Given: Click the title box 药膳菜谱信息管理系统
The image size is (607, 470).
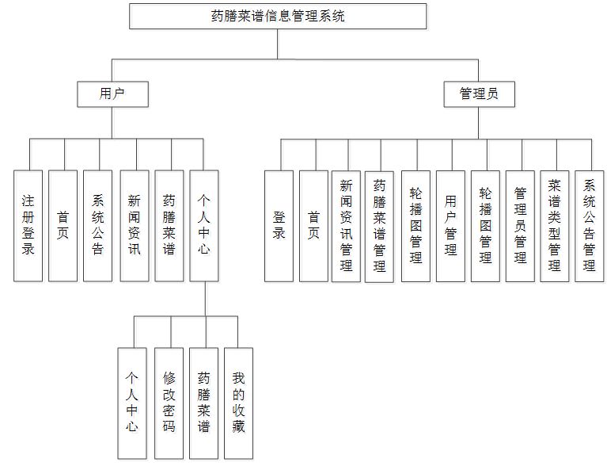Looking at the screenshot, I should [278, 17].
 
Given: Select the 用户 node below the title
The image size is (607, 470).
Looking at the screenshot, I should [112, 94].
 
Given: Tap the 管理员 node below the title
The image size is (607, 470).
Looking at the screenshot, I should [479, 94].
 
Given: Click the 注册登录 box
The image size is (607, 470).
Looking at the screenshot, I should [28, 226].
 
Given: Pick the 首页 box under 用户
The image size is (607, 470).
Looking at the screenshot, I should [63, 226].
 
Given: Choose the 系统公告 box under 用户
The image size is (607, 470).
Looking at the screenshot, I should [97, 226].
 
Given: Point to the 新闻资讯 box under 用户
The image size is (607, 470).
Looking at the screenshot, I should [134, 226].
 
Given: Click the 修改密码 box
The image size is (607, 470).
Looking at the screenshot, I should [169, 403].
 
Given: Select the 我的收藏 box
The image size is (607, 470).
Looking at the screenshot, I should [238, 403].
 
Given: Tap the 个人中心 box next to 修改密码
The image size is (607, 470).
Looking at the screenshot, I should [132, 403].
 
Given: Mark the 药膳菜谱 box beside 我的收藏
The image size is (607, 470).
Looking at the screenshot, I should [203, 403].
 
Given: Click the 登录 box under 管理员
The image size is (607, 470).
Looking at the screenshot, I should [279, 226].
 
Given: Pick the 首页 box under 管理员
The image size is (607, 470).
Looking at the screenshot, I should [313, 226].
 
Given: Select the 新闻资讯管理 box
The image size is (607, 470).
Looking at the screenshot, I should [346, 226].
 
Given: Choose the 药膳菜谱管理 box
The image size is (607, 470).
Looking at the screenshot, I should [379, 226].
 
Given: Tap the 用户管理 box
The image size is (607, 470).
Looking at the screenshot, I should [450, 226].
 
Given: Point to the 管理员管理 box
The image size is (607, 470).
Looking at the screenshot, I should [520, 226].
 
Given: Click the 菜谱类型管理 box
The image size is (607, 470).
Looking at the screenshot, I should [555, 226].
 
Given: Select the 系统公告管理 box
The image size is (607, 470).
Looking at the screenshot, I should [589, 226].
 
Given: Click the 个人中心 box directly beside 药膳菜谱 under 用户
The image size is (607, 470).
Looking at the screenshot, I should [204, 226].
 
